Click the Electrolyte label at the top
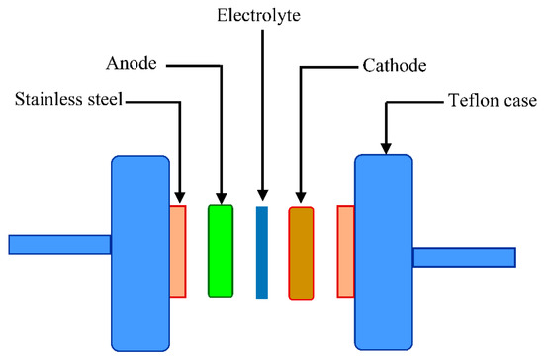(x=262, y=16)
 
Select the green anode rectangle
(x=221, y=250)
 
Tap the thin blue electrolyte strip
(x=262, y=251)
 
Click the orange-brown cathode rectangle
(x=301, y=252)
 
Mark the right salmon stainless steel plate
(x=345, y=250)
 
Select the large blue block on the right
(x=383, y=252)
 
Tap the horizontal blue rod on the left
(x=59, y=244)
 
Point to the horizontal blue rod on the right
(x=463, y=257)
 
